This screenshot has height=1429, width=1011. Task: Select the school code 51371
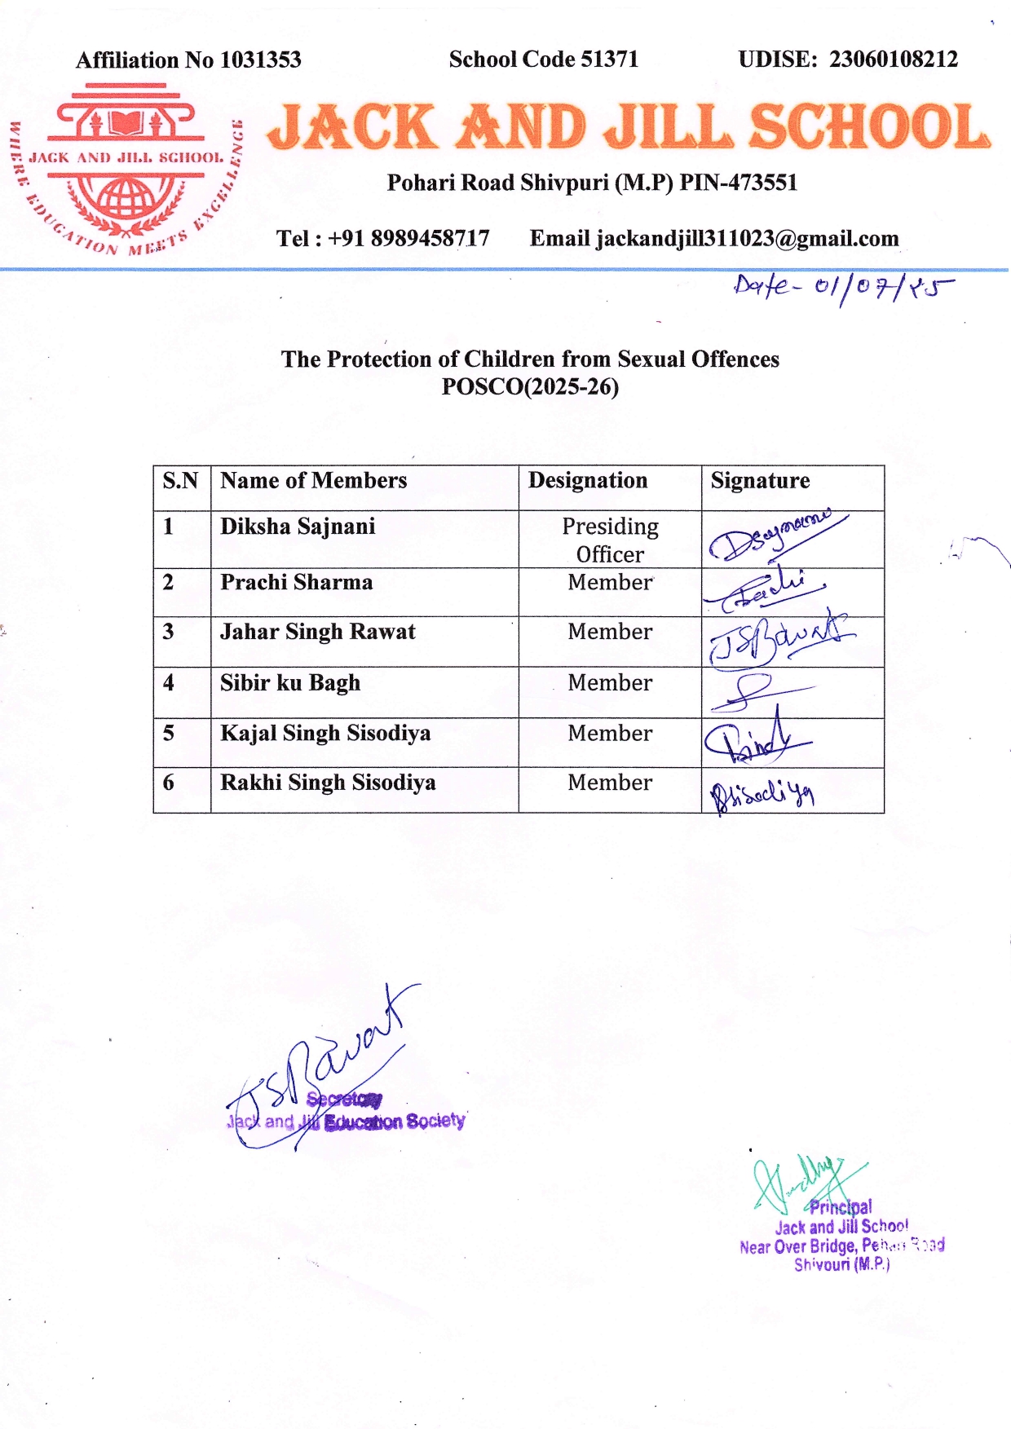click(x=609, y=60)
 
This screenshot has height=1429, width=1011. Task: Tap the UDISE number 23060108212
click(x=894, y=60)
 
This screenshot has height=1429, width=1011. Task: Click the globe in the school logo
click(x=125, y=196)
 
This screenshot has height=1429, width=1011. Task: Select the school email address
click(x=747, y=239)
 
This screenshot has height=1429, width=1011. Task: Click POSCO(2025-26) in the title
click(x=530, y=386)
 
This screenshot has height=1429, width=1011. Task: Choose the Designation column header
click(x=588, y=481)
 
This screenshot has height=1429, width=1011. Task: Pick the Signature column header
click(x=760, y=481)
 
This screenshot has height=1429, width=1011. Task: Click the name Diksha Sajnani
click(x=298, y=527)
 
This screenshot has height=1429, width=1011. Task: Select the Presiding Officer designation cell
click(x=610, y=540)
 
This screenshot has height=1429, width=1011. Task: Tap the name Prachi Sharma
click(x=297, y=583)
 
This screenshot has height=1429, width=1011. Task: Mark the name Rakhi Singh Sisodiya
click(x=328, y=783)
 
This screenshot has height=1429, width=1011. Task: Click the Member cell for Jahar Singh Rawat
click(x=610, y=632)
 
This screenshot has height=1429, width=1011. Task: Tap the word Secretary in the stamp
click(x=344, y=1100)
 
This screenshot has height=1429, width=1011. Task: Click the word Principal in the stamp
click(x=841, y=1207)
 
